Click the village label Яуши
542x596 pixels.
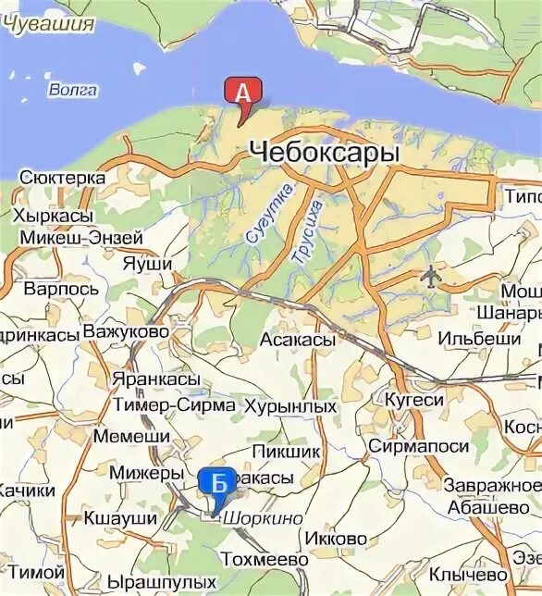click(x=147, y=263)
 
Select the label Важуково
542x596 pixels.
click(x=126, y=330)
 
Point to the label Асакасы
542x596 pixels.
click(x=298, y=341)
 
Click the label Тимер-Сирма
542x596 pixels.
click(x=170, y=404)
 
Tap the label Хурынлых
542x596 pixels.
click(x=289, y=405)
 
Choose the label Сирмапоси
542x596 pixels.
click(x=418, y=446)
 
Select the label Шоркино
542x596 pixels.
click(x=263, y=518)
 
